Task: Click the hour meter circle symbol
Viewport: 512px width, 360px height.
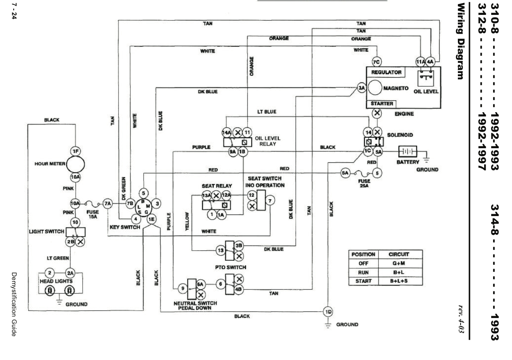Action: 75,164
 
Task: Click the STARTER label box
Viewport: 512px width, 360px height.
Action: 381,104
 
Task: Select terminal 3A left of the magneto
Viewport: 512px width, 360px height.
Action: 361,88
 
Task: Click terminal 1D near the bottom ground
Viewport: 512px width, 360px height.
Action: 328,311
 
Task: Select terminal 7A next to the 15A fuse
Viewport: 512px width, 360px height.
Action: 108,203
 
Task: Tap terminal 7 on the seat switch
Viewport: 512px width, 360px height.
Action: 269,201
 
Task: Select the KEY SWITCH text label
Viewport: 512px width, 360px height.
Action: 125,227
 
